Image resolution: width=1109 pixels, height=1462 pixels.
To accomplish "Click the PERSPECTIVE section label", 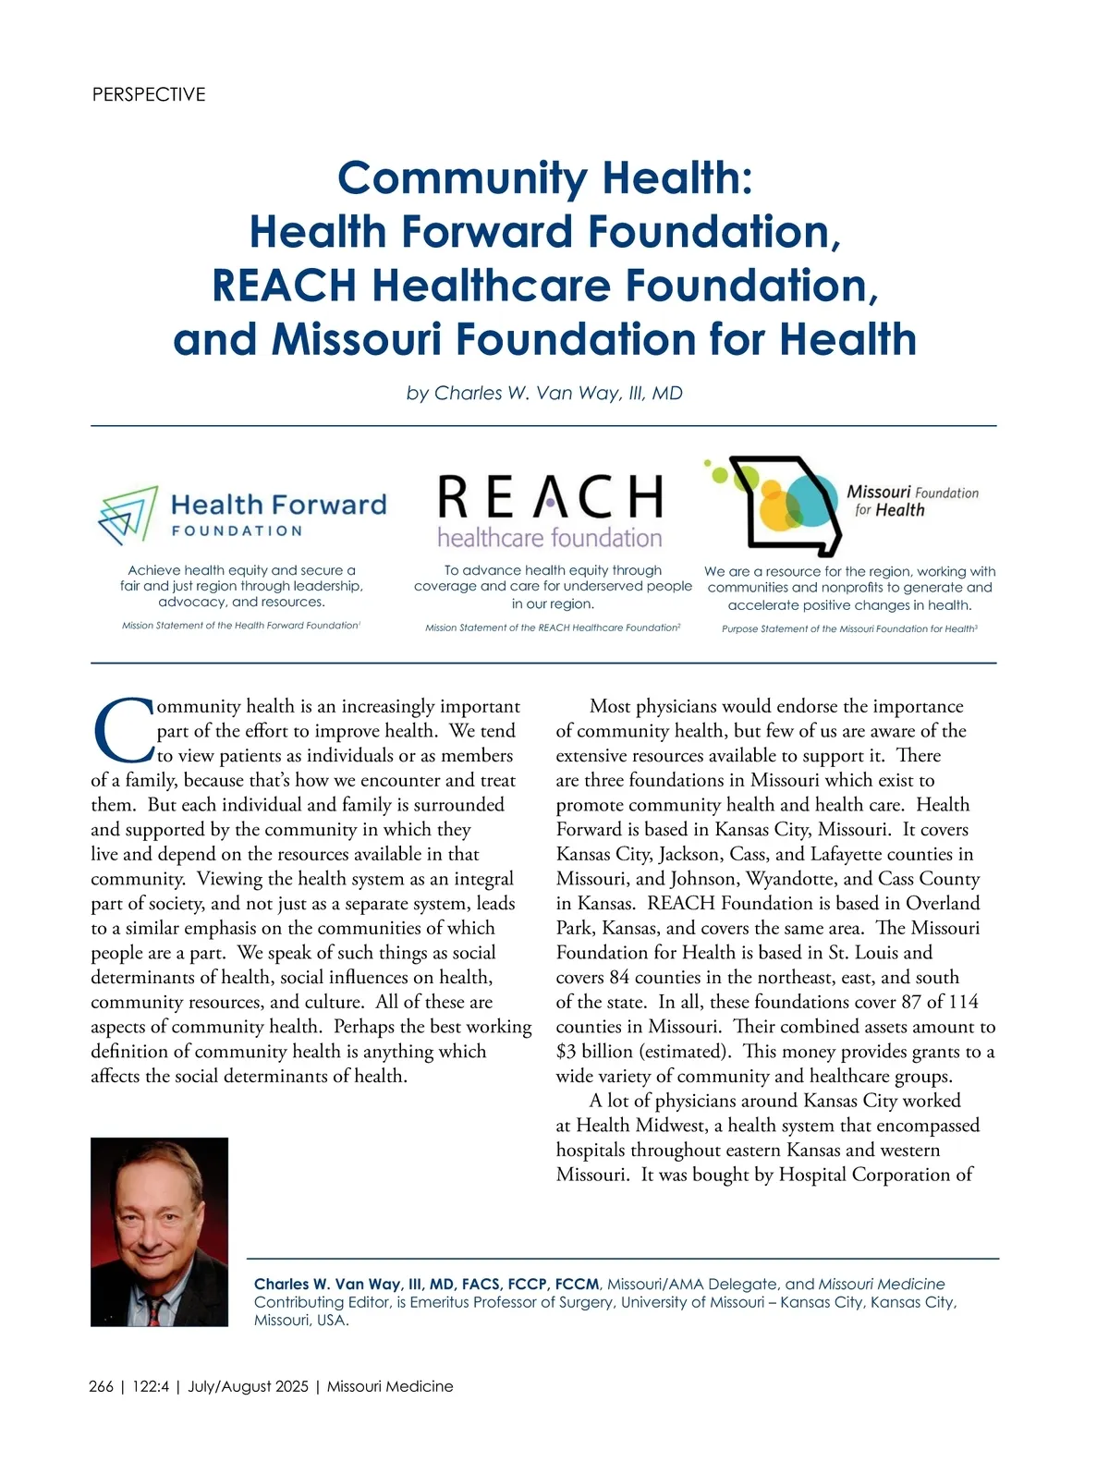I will [x=149, y=94].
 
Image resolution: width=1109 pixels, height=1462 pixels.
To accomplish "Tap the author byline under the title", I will [x=544, y=393].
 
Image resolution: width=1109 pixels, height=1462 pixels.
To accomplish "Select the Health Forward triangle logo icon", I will [x=128, y=515].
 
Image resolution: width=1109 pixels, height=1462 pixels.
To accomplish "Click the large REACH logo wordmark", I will [x=551, y=497].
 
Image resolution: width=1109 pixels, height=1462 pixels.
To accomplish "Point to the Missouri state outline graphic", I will [x=795, y=505].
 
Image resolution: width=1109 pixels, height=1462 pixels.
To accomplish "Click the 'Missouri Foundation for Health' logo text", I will [x=911, y=501].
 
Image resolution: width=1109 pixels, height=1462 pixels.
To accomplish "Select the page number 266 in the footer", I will [x=102, y=1386].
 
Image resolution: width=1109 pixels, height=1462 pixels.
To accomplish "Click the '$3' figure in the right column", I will [x=567, y=1052].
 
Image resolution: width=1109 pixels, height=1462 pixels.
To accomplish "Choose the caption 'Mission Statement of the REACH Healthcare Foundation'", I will [x=552, y=628].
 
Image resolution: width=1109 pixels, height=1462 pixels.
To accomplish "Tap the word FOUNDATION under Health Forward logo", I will [x=238, y=531].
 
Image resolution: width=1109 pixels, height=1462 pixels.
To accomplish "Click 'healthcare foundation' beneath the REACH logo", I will [x=550, y=538].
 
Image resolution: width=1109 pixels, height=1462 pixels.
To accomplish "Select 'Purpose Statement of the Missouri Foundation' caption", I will [x=848, y=629].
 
